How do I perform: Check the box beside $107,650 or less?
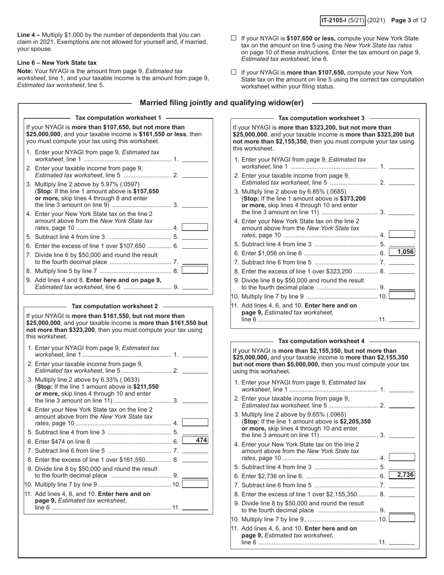tap(234, 39)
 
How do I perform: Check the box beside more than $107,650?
tap(234, 72)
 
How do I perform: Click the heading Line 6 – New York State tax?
tap(57, 63)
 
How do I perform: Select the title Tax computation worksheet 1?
tap(118, 118)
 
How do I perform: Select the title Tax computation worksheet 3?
tap(321, 118)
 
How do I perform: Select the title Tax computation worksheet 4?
tap(321, 341)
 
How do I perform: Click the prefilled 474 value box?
tap(195, 440)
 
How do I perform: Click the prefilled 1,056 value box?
tap(402, 252)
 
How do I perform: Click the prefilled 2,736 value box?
tap(402, 475)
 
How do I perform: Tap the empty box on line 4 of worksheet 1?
tap(195, 227)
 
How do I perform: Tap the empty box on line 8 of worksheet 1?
tap(195, 270)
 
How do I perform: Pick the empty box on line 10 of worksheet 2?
tap(195, 484)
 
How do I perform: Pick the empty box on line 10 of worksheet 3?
tap(402, 295)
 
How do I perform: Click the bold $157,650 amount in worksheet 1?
tap(146, 191)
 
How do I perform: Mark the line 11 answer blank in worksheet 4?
tap(401, 542)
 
